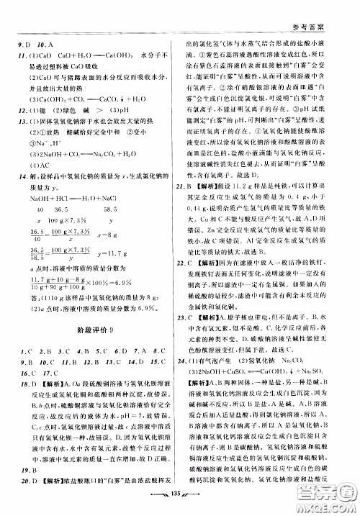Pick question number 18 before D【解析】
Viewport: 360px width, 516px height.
point(25,404)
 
